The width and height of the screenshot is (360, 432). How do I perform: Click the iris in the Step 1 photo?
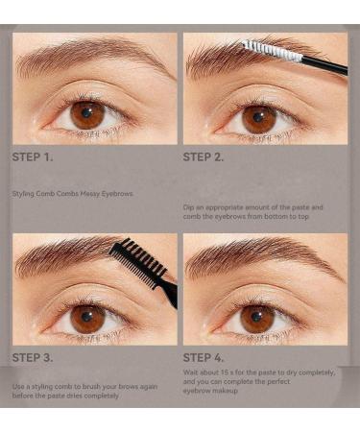pos(87,114)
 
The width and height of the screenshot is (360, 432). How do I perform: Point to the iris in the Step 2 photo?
pos(259,118)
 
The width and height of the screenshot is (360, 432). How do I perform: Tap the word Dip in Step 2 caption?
pos(189,207)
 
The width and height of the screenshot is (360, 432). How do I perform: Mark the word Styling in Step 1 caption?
pos(23,194)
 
